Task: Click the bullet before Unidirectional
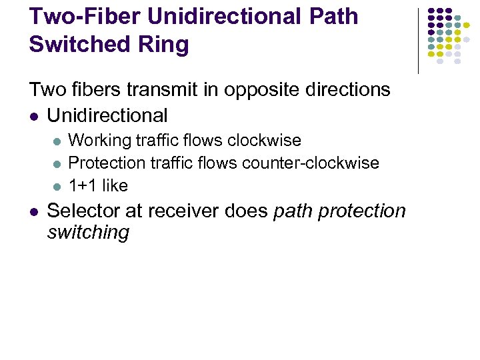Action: (x=35, y=116)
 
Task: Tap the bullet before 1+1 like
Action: (x=57, y=185)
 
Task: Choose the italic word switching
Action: (x=88, y=233)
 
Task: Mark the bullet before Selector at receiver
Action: (x=35, y=211)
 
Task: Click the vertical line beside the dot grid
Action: (x=418, y=40)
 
